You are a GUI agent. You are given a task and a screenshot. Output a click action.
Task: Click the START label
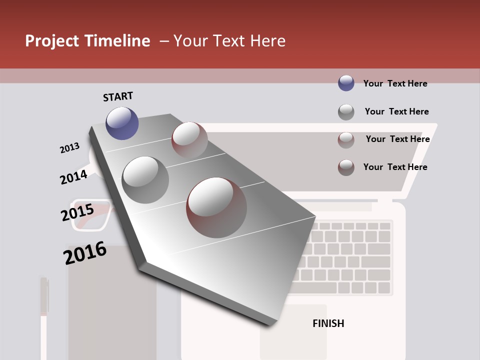[118, 96]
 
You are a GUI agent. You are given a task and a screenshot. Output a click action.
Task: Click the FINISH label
[328, 323]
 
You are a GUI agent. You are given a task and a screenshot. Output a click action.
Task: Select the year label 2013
[69, 148]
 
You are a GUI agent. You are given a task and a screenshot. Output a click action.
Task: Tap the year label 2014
[73, 177]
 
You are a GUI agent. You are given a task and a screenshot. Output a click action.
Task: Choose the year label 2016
[85, 253]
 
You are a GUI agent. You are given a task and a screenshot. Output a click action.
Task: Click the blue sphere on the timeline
[122, 123]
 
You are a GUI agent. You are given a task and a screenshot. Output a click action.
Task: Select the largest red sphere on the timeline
[216, 207]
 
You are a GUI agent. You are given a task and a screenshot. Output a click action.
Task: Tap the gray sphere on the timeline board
[145, 179]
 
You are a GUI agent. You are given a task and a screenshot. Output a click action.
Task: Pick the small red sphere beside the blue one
[189, 140]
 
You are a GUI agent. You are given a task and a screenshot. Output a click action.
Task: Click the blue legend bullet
[346, 83]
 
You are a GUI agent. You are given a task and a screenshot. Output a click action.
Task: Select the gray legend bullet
[346, 112]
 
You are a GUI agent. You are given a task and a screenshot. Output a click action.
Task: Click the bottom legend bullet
[346, 167]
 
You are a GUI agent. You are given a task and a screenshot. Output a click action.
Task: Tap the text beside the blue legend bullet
[395, 83]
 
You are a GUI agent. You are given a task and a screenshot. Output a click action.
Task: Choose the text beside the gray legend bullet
[396, 111]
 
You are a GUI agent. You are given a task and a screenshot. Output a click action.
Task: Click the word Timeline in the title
[117, 41]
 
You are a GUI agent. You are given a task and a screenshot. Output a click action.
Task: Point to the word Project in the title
[52, 41]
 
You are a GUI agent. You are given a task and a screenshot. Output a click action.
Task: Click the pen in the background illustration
[44, 315]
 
